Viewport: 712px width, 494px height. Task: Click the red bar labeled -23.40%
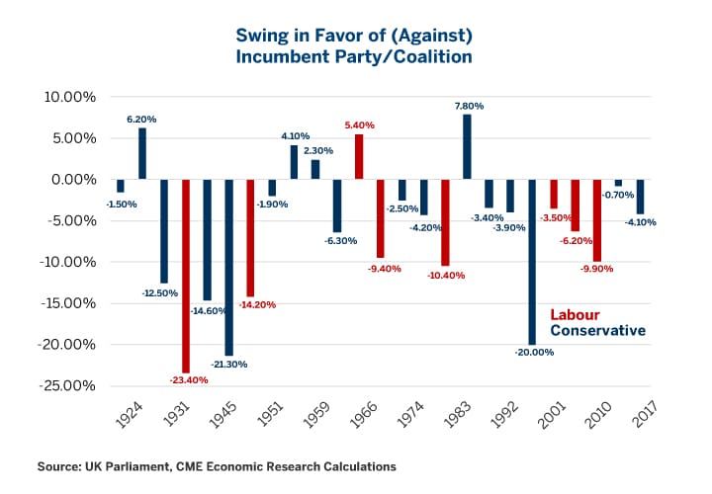click(x=186, y=276)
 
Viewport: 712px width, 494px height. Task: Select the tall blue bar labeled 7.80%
click(x=467, y=147)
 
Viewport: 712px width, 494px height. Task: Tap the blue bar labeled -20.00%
click(x=532, y=262)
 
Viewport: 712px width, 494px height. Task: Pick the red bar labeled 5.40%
click(x=359, y=157)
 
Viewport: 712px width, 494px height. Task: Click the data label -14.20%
click(x=257, y=304)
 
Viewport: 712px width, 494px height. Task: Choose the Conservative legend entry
click(x=598, y=331)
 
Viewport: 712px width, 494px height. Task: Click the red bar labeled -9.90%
click(x=597, y=220)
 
